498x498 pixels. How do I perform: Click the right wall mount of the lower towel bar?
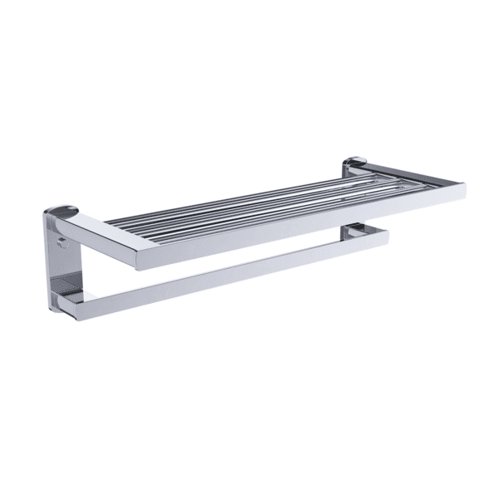[355, 232]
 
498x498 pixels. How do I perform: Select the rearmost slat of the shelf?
[249, 195]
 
